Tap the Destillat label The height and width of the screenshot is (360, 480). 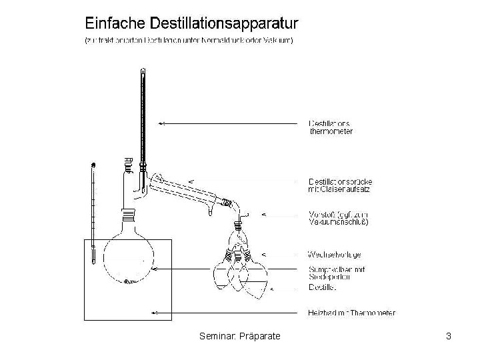tap(323, 289)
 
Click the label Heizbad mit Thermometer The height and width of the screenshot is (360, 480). tap(351, 312)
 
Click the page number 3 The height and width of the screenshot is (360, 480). tap(449, 337)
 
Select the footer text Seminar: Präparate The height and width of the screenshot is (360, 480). tap(239, 337)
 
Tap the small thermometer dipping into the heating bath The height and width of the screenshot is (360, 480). tap(94, 213)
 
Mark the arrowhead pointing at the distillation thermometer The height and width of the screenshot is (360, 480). tap(162, 123)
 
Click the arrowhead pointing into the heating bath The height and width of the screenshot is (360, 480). tap(155, 312)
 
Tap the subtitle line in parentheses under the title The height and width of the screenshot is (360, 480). tap(189, 40)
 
